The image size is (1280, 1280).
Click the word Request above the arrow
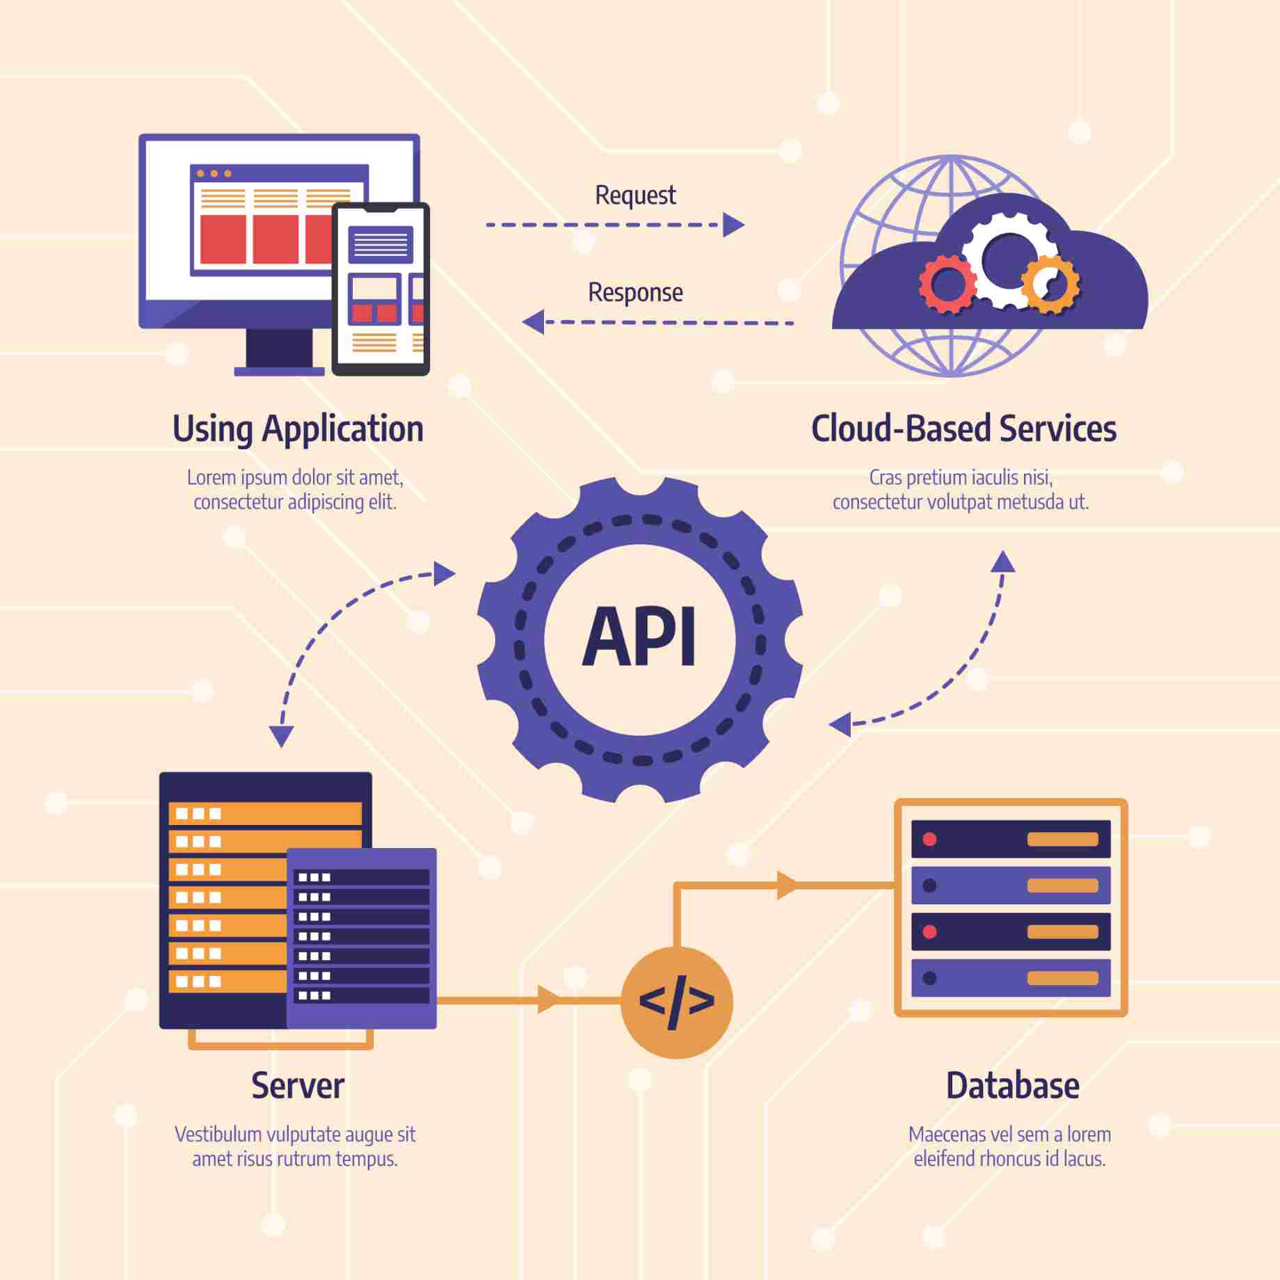pos(634,195)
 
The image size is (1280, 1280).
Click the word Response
pos(634,293)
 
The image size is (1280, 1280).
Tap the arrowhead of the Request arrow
pos(733,225)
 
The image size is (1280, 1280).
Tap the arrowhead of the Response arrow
pos(534,322)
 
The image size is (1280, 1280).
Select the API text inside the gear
pos(639,637)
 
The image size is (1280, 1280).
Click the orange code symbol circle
pos(676,1002)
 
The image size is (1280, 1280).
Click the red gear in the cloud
pos(947,283)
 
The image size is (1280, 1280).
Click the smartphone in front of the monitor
pos(381,289)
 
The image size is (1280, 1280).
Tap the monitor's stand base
pos(278,371)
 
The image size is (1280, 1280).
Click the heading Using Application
pos(298,429)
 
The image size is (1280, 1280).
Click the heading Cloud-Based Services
pos(963,429)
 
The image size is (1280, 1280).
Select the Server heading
pos(298,1086)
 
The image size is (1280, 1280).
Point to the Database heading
pos(1012,1086)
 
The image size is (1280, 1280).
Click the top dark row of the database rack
pos(1010,839)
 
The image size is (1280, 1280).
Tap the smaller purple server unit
pos(362,937)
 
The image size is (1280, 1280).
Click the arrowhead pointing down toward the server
pos(281,736)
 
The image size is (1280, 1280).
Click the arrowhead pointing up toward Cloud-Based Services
pos(1002,561)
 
